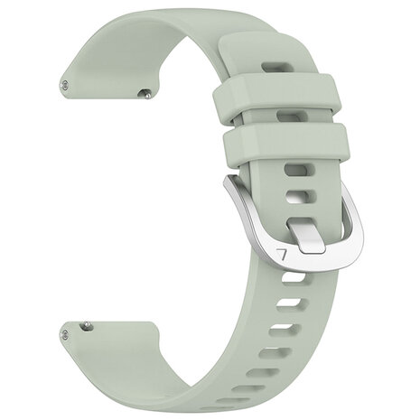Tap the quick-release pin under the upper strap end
145,92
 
